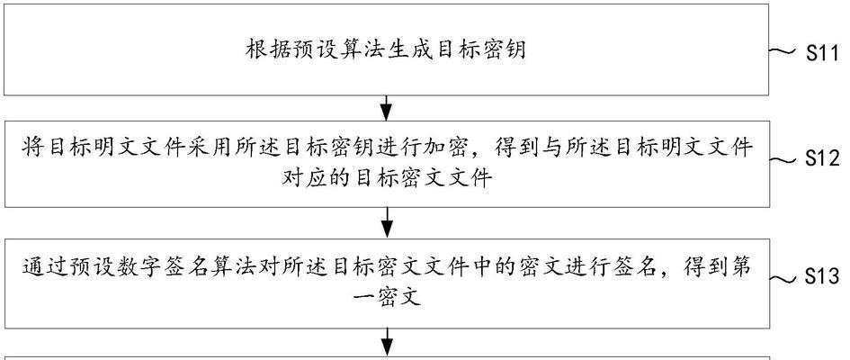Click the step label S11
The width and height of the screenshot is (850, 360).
click(x=822, y=53)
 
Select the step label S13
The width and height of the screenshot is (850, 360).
click(x=822, y=277)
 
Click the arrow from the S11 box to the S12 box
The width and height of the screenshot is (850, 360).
click(x=386, y=108)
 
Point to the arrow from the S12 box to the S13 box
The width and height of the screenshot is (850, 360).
click(x=386, y=223)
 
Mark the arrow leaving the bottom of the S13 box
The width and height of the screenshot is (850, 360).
click(x=386, y=342)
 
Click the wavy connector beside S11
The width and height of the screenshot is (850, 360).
click(x=783, y=51)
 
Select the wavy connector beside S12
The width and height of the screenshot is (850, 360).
click(x=783, y=159)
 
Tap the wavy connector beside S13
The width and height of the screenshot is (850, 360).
click(x=783, y=279)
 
